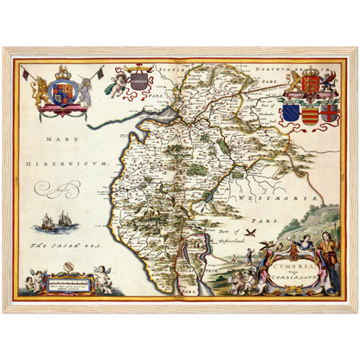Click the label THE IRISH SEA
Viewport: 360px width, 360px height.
(56, 245)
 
